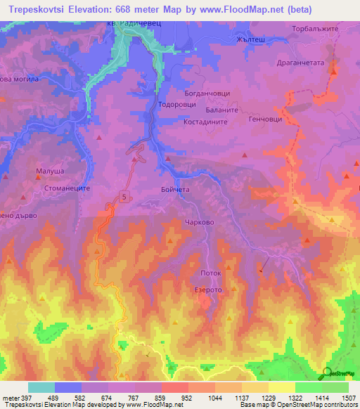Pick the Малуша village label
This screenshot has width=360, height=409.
coord(50,171)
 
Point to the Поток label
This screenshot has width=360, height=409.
coord(211,273)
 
